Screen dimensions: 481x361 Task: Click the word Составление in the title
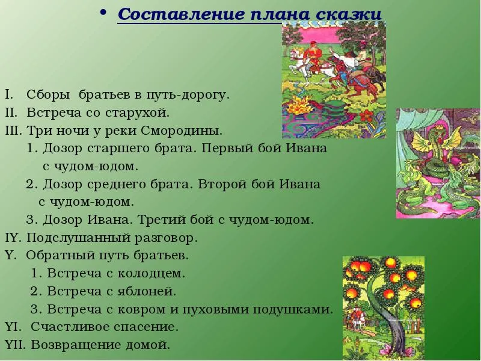click(182, 14)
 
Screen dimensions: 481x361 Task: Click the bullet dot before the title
click(103, 12)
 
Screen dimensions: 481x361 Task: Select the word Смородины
click(182, 131)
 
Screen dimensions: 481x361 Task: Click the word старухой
click(137, 113)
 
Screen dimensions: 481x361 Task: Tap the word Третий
click(161, 220)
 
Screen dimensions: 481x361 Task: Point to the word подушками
click(293, 309)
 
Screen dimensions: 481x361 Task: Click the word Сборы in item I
click(48, 95)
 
